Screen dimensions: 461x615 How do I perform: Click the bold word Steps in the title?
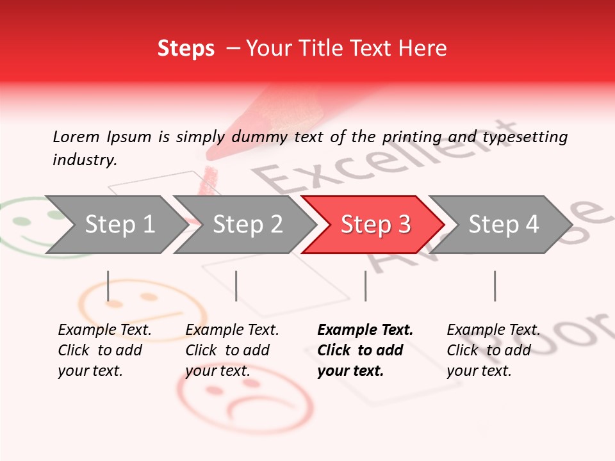186,49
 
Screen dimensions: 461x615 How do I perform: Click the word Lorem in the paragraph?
76,136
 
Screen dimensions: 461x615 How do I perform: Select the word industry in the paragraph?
83,160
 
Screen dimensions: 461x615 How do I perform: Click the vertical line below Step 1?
108,286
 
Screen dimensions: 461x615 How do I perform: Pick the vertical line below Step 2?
236,286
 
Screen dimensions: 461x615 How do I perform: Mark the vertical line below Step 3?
365,286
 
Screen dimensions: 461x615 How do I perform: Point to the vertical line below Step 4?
495,286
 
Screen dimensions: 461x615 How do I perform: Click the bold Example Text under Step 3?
365,330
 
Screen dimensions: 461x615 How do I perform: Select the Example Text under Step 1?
104,330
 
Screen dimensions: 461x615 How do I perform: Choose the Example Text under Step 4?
493,330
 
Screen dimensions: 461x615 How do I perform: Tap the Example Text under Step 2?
232,330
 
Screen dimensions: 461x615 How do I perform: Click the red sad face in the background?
243,401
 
